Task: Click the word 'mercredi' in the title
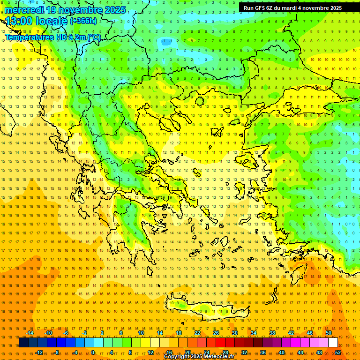pos(23,10)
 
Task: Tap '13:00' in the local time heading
pos(19,21)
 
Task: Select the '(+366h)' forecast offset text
pos(83,21)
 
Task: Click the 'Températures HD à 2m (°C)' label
pos(53,37)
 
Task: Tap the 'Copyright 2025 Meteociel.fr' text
pos(199,357)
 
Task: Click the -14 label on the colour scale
pos(30,333)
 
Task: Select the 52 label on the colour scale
pos(338,352)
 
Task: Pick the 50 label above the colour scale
pos(329,333)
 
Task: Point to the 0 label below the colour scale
pos(93,352)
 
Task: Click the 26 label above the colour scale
pos(216,333)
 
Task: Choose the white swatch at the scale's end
pos(333,343)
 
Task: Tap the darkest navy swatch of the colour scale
pos(23,343)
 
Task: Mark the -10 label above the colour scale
pos(48,333)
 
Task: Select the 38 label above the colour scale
pos(272,333)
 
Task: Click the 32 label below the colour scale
pos(244,352)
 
